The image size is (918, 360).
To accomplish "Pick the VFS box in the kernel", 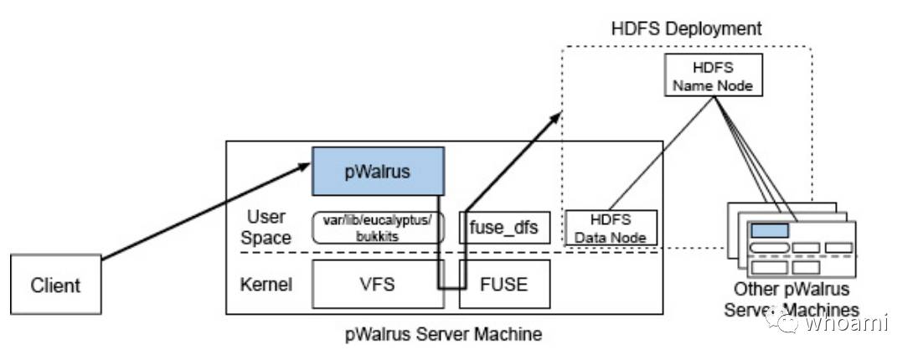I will point(378,285).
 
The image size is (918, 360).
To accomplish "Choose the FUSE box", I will point(505,285).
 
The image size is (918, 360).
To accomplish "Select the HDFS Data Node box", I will point(611,227).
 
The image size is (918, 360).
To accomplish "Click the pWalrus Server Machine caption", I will point(443,334).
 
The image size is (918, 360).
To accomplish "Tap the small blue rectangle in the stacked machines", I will point(769,229).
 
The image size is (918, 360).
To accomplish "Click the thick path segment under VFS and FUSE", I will point(452,290).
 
